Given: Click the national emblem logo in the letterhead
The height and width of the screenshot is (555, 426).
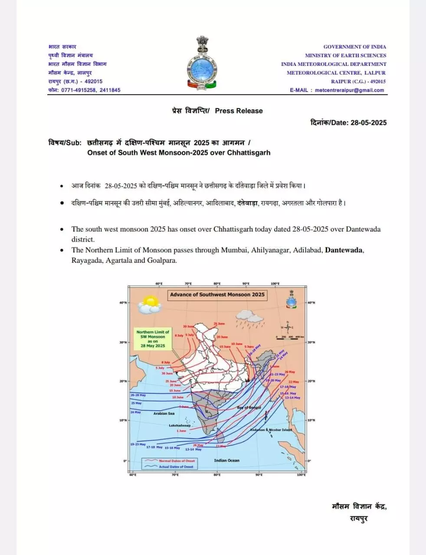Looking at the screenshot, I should point(202,64).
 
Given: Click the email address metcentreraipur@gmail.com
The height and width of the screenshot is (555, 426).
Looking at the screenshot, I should point(349,90).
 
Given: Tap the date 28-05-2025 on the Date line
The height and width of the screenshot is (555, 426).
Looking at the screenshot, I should point(368,123).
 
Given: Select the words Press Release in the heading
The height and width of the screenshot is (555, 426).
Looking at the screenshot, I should point(239,111).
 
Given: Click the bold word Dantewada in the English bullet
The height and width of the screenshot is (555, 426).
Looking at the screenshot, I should point(344,250).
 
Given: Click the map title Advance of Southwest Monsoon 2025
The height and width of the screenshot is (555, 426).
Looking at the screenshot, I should point(217,295).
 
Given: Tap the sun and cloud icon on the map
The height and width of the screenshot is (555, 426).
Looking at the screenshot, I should point(149,304).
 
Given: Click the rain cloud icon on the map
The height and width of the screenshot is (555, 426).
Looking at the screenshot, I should point(249,321).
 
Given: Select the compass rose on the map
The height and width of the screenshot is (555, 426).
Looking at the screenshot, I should point(287,327).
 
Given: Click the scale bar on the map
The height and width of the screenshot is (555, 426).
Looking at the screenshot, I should point(290,337).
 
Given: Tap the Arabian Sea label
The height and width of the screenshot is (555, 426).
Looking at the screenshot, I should point(164,414).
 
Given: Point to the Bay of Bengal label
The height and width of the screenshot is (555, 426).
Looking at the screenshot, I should point(249,408).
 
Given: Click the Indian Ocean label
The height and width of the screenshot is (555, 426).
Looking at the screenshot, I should point(226,460).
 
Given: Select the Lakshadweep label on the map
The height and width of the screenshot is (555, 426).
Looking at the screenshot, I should point(180,426).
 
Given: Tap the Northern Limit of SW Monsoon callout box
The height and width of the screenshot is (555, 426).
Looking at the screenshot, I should point(153,339).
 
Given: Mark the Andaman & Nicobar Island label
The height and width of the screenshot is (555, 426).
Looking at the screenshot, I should point(271,430).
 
